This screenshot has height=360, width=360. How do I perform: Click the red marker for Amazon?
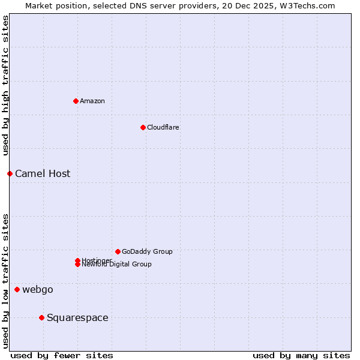pyautogui.click(x=76, y=101)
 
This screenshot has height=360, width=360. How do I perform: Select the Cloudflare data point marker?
pyautogui.click(x=143, y=127)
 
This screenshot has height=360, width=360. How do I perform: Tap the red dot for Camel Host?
pyautogui.click(x=10, y=173)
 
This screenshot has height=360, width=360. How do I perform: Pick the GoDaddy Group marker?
pyautogui.click(x=118, y=251)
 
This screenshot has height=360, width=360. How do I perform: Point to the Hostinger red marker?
pyautogui.click(x=77, y=260)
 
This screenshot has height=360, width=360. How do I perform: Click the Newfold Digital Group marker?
pyautogui.click(x=77, y=265)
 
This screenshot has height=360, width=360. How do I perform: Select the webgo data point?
pyautogui.click(x=17, y=289)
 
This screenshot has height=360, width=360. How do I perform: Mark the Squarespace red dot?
pyautogui.click(x=41, y=317)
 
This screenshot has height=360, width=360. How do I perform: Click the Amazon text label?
pyautogui.click(x=92, y=101)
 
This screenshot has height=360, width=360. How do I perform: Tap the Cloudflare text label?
pyautogui.click(x=163, y=127)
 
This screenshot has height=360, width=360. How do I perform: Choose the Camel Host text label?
pyautogui.click(x=43, y=173)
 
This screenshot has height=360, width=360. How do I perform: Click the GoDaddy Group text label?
pyautogui.click(x=147, y=251)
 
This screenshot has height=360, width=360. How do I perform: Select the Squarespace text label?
pyautogui.click(x=77, y=317)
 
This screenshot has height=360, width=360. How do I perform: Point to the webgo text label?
pyautogui.click(x=38, y=289)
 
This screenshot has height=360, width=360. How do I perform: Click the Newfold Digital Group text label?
pyautogui.click(x=117, y=265)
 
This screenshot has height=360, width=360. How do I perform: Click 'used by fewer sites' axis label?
pyautogui.click(x=62, y=355)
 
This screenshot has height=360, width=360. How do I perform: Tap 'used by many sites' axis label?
pyautogui.click(x=301, y=355)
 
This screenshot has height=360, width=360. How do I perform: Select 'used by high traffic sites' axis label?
pyautogui.click(x=5, y=85)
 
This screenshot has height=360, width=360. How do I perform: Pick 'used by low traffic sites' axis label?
pyautogui.click(x=5, y=280)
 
